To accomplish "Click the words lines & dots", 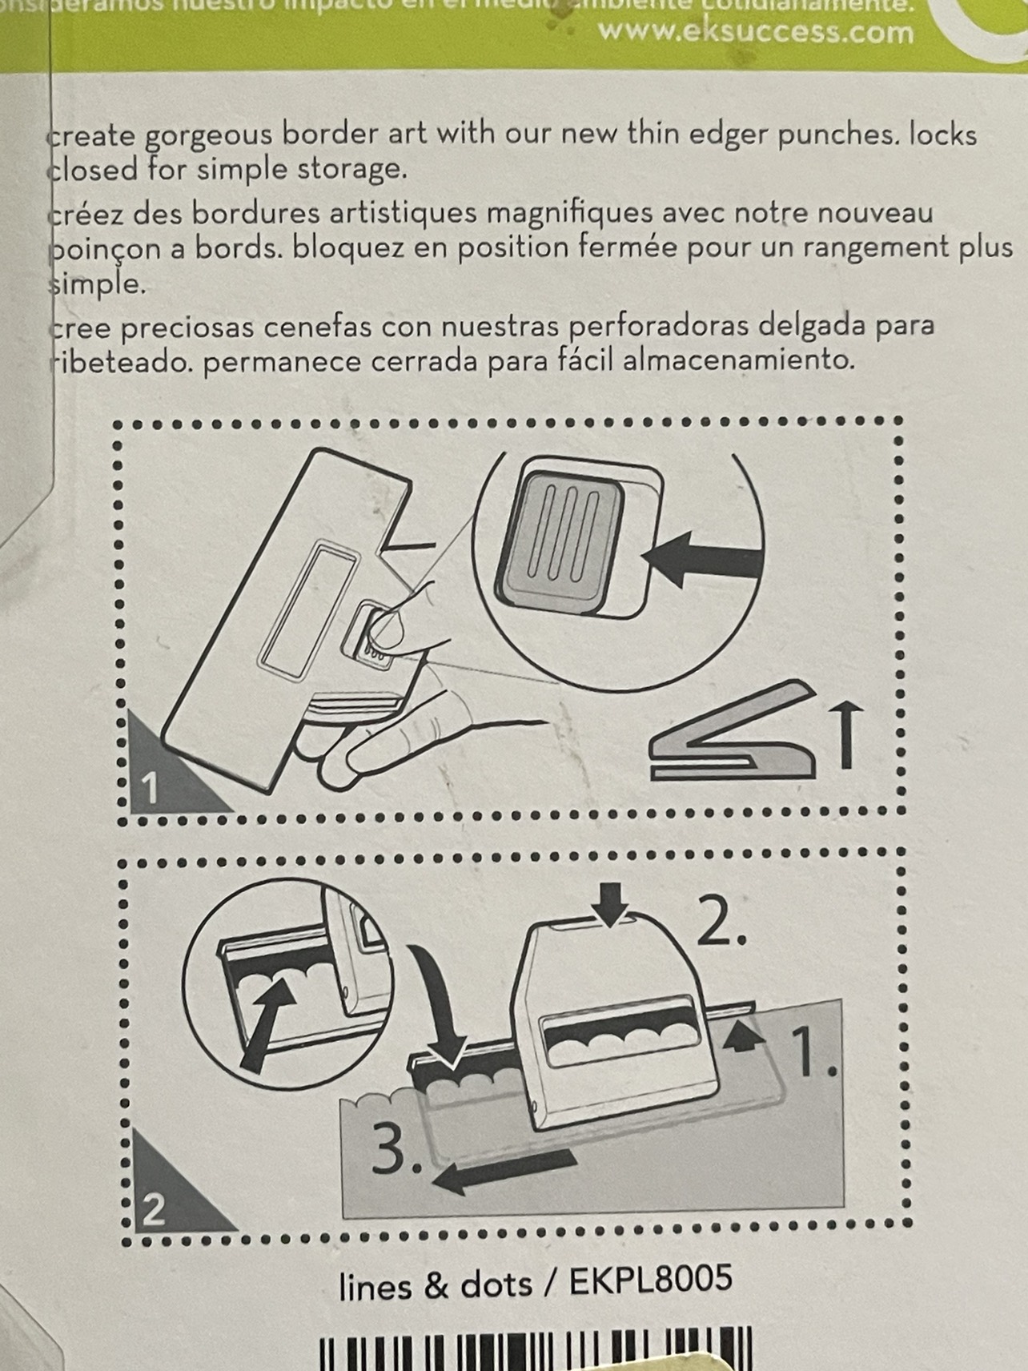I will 436,1285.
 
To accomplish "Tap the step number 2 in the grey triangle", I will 153,1210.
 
